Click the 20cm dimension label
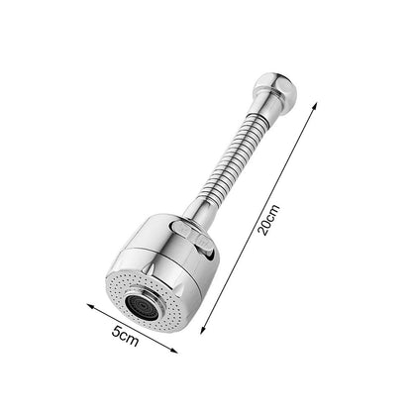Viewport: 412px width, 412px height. [x=268, y=220]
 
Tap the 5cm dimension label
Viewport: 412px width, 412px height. [x=125, y=336]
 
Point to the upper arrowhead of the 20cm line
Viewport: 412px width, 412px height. [x=314, y=106]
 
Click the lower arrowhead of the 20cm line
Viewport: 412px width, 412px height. [x=203, y=330]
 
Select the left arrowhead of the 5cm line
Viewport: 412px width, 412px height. [x=91, y=306]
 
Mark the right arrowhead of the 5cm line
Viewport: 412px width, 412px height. [x=173, y=351]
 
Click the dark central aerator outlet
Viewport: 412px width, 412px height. [x=142, y=308]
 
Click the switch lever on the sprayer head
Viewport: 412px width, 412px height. [x=192, y=237]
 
